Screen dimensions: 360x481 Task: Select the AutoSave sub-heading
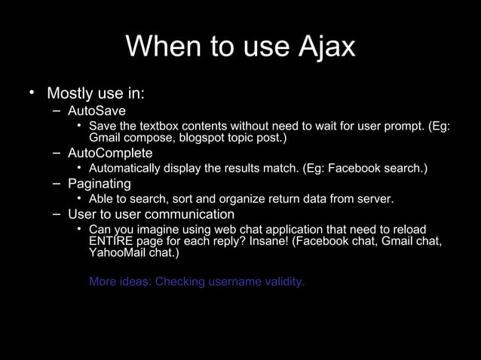(x=97, y=111)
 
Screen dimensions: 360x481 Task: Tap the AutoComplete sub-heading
(x=109, y=154)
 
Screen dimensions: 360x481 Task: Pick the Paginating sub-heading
(x=99, y=184)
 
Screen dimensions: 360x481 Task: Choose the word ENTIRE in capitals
(x=110, y=241)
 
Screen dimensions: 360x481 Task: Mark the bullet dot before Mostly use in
(x=32, y=93)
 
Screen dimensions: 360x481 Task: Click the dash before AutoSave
(x=57, y=111)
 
